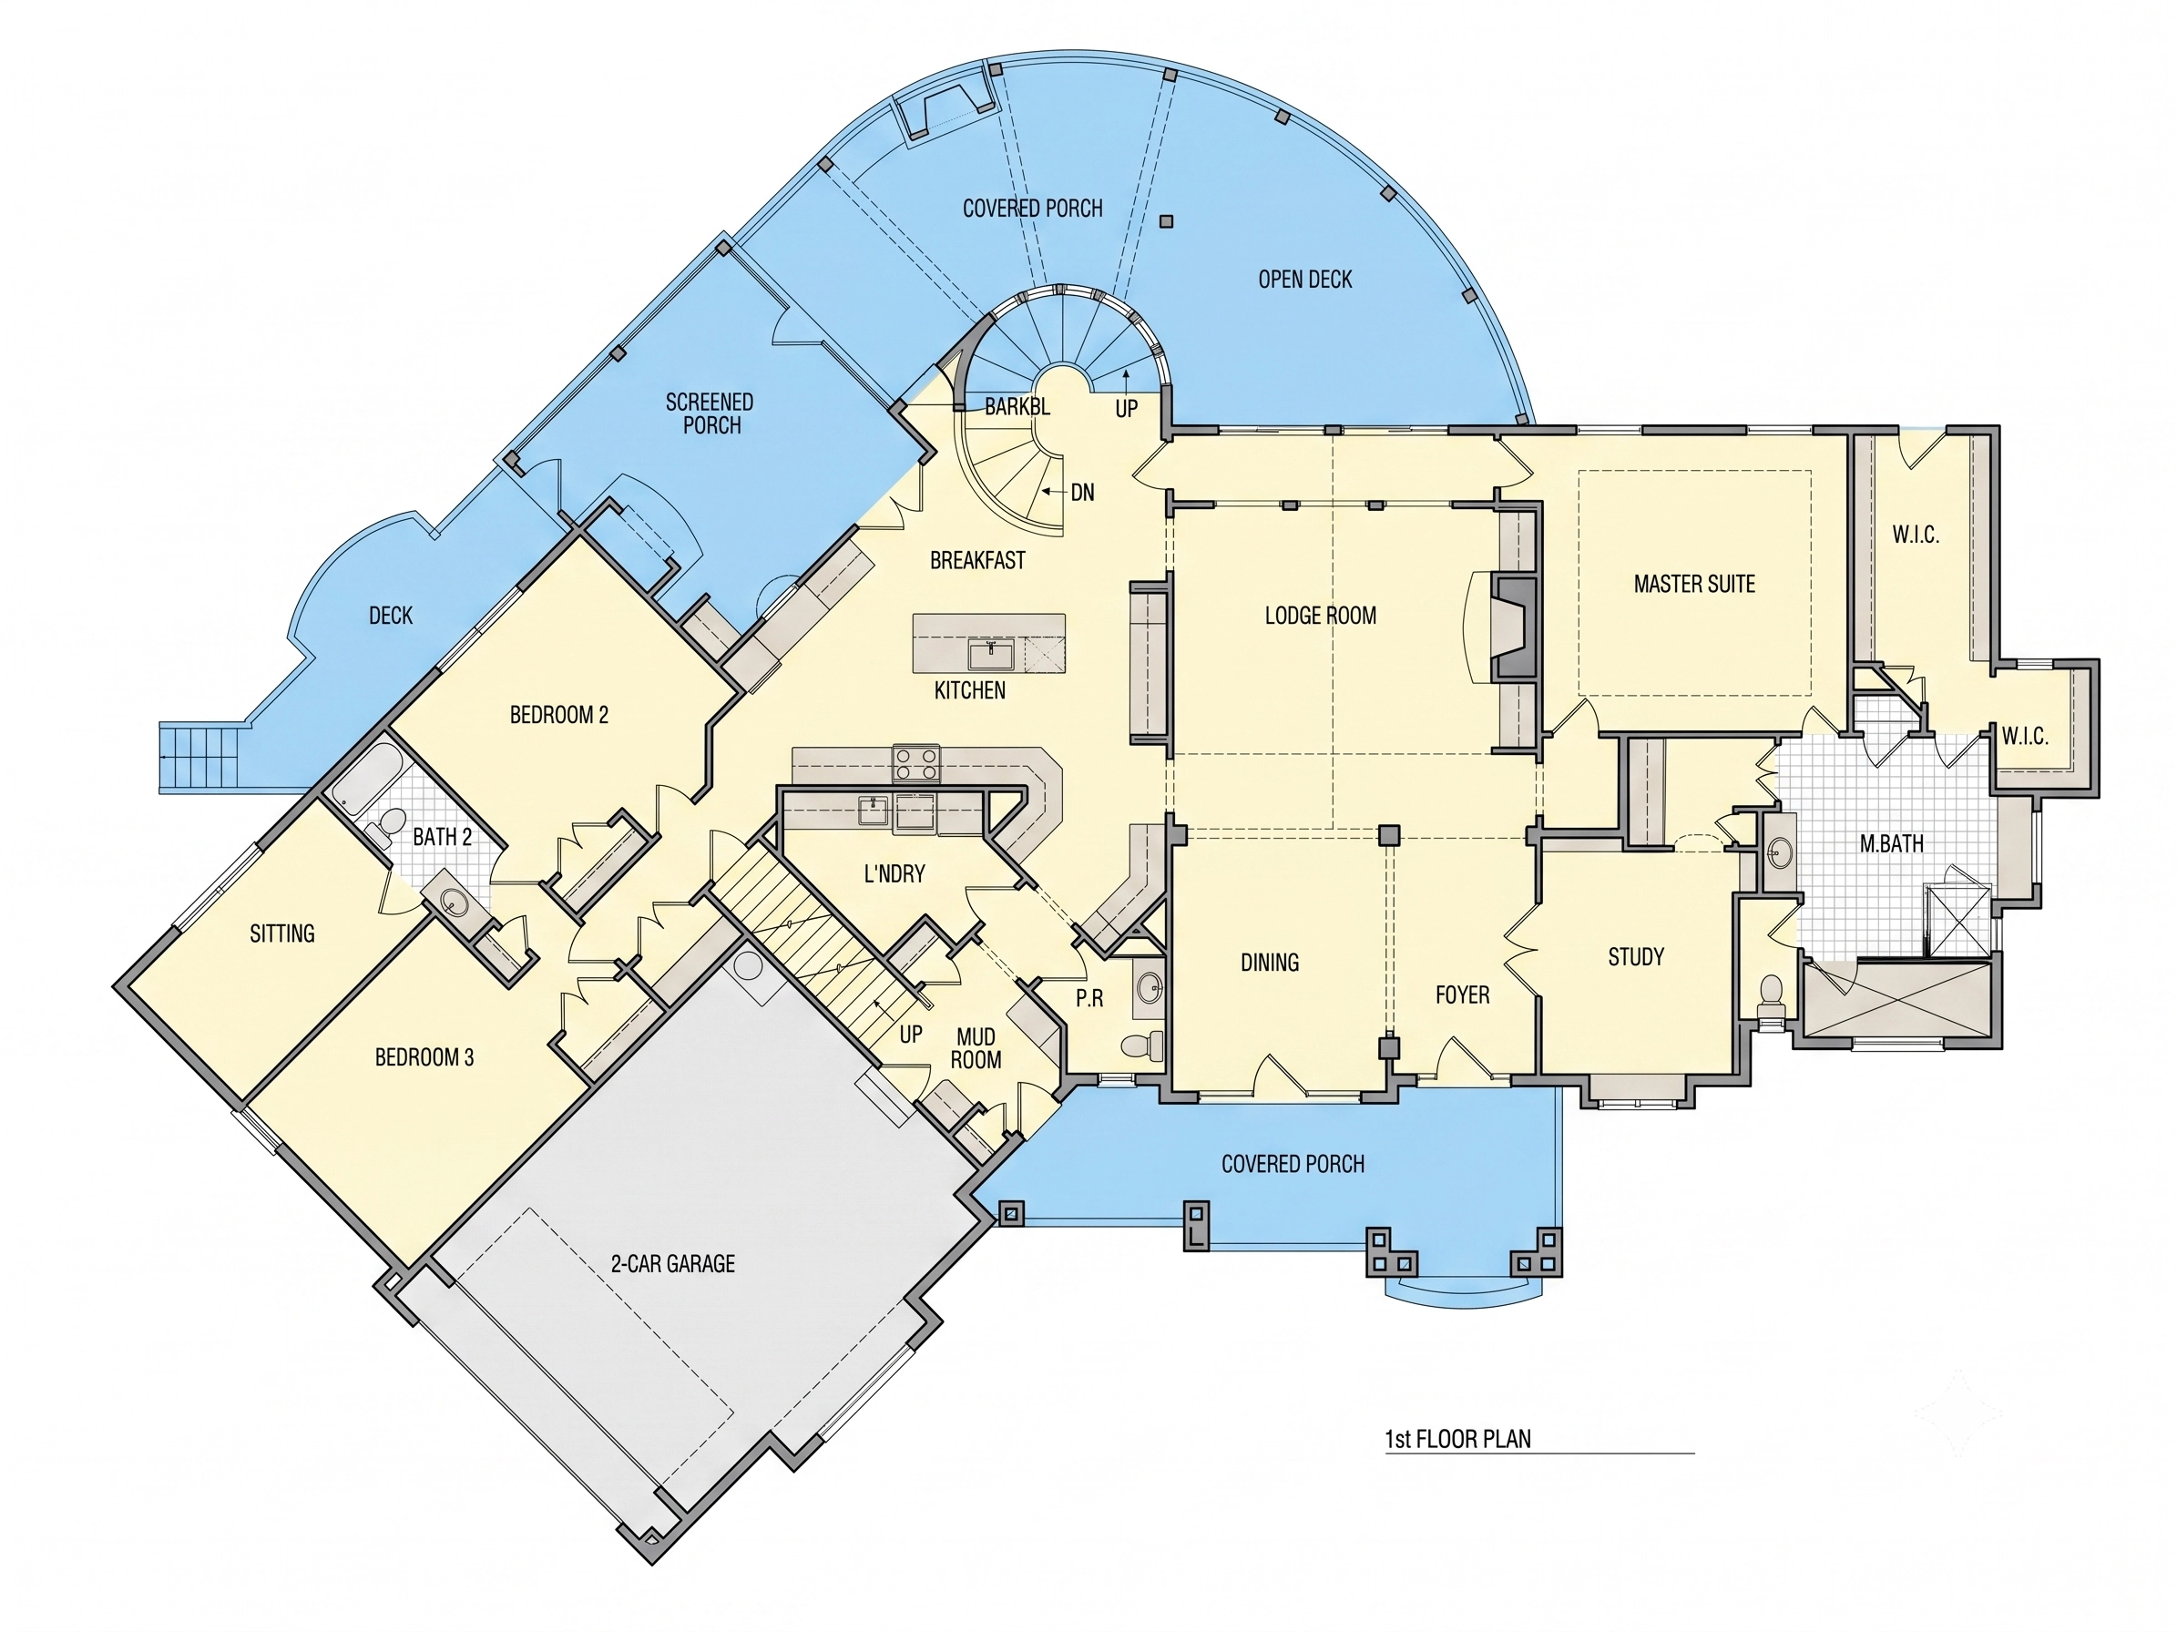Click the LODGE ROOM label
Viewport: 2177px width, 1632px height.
point(1320,616)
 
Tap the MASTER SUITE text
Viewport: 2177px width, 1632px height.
point(1693,585)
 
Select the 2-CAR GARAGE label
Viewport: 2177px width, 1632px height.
point(673,1263)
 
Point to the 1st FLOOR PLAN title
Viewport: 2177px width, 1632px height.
point(1457,1439)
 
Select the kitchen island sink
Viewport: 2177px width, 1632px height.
point(991,652)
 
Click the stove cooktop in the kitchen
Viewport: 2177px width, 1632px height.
point(915,763)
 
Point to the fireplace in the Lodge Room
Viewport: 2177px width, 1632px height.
point(1514,627)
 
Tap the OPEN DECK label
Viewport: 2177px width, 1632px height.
point(1305,280)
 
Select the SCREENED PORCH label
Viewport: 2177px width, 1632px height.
point(710,414)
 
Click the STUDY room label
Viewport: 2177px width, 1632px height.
point(1636,957)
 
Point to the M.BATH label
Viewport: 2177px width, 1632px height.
point(1891,843)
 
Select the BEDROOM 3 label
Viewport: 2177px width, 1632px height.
point(424,1057)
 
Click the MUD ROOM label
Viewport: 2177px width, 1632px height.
point(976,1048)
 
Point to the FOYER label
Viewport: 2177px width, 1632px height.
point(1463,995)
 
